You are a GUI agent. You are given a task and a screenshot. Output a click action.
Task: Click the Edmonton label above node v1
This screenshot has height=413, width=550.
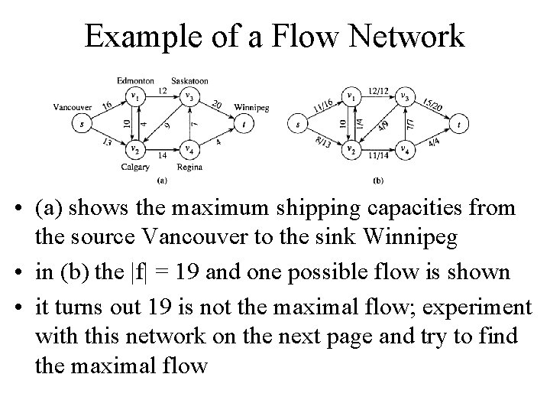(x=136, y=80)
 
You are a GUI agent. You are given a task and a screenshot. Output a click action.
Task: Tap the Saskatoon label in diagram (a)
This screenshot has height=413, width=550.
(x=189, y=80)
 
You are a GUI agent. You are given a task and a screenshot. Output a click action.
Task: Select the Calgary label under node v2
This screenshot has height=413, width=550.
(x=134, y=167)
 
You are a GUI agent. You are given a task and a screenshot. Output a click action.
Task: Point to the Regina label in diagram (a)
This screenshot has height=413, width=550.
(x=189, y=167)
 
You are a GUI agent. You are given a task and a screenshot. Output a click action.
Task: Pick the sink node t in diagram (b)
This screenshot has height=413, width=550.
(x=459, y=122)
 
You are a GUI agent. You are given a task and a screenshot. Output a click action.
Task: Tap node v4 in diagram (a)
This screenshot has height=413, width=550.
(x=189, y=149)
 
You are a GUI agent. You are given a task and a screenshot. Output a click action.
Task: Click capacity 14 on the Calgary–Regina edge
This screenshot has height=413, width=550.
(x=162, y=155)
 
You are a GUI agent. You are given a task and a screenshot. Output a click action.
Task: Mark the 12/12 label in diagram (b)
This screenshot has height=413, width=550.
(x=377, y=91)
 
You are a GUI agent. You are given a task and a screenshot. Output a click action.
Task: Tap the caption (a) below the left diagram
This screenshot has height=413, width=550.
(x=162, y=180)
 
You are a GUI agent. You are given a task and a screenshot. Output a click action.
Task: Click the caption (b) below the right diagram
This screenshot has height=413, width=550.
(x=379, y=180)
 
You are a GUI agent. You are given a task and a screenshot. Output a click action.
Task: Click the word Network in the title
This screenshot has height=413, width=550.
(x=412, y=36)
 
